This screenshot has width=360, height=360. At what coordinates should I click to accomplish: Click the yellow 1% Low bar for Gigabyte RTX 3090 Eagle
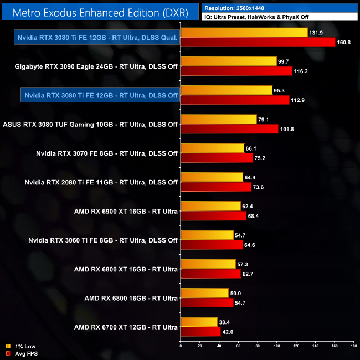point(229,61)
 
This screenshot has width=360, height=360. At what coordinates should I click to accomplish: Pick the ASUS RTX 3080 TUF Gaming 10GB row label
point(90,124)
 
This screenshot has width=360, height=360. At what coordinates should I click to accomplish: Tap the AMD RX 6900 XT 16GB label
point(126,211)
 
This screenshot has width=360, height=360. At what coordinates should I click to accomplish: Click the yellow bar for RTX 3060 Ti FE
point(207,234)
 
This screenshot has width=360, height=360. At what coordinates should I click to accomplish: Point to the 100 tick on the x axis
point(277,347)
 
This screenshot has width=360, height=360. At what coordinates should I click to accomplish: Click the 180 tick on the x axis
point(353,347)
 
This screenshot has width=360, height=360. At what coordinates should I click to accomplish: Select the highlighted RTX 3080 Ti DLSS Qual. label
point(97,38)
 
